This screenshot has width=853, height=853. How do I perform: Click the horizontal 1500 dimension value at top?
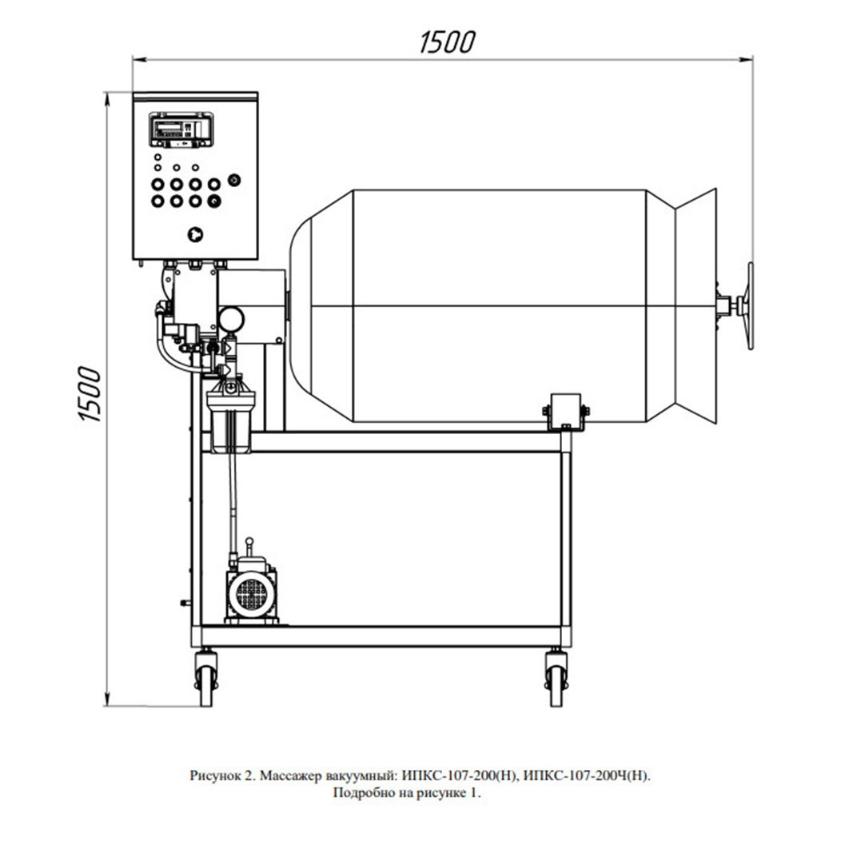click(448, 42)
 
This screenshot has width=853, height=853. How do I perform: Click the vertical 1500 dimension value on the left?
click(90, 394)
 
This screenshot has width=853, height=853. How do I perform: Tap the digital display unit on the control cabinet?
click(181, 130)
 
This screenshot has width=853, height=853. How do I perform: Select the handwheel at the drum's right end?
click(750, 305)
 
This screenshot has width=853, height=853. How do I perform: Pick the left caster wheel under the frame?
click(206, 678)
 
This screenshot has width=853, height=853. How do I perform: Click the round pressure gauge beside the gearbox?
click(231, 319)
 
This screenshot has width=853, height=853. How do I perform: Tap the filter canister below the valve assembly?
click(231, 416)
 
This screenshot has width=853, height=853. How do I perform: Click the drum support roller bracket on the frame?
click(566, 412)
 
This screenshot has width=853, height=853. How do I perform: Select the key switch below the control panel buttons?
click(195, 234)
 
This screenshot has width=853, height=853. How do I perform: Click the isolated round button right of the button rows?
click(234, 180)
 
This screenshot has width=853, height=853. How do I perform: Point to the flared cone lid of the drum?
click(696, 305)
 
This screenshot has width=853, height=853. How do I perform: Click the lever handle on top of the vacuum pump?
click(249, 548)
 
